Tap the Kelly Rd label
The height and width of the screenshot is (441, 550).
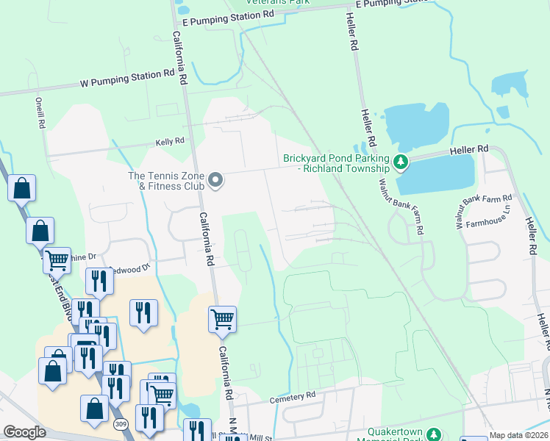[x=168, y=142]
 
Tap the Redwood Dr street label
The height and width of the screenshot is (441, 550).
[x=130, y=270]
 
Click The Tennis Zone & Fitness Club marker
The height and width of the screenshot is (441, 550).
[x=215, y=180]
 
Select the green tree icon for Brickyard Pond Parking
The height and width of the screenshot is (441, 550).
[x=401, y=161]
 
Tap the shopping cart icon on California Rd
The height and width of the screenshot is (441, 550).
[x=222, y=319]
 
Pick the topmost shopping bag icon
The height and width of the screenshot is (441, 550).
[x=22, y=188]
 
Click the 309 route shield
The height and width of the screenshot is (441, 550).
[x=121, y=424]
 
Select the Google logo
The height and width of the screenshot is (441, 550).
[x=25, y=432]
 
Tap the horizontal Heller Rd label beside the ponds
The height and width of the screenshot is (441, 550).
[x=471, y=149]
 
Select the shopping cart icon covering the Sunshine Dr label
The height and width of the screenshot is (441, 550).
[x=57, y=259]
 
